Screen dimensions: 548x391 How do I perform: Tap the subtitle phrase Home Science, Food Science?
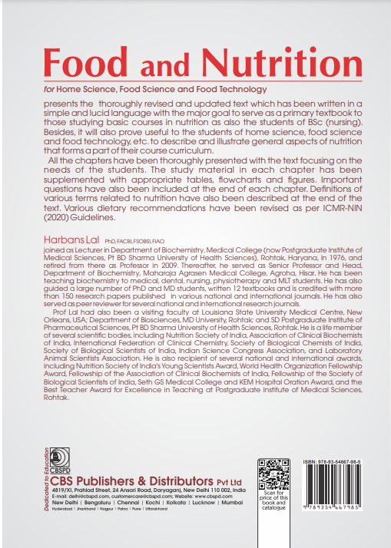point(115,91)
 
